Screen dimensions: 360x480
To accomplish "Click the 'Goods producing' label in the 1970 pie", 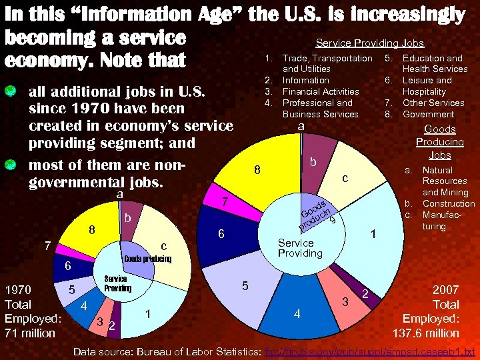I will (x=147, y=259).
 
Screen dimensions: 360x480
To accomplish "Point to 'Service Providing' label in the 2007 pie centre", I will (x=300, y=248).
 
